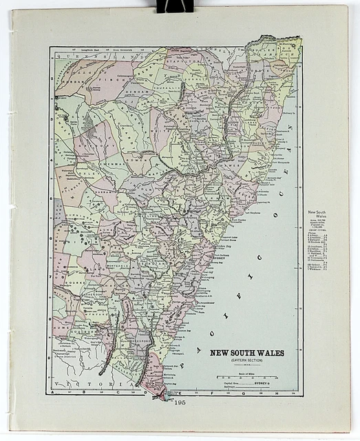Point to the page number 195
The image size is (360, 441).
tap(180, 402)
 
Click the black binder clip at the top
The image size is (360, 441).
tap(175, 6)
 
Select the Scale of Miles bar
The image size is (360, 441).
tap(246, 378)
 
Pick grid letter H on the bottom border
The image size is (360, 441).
tap(275, 395)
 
